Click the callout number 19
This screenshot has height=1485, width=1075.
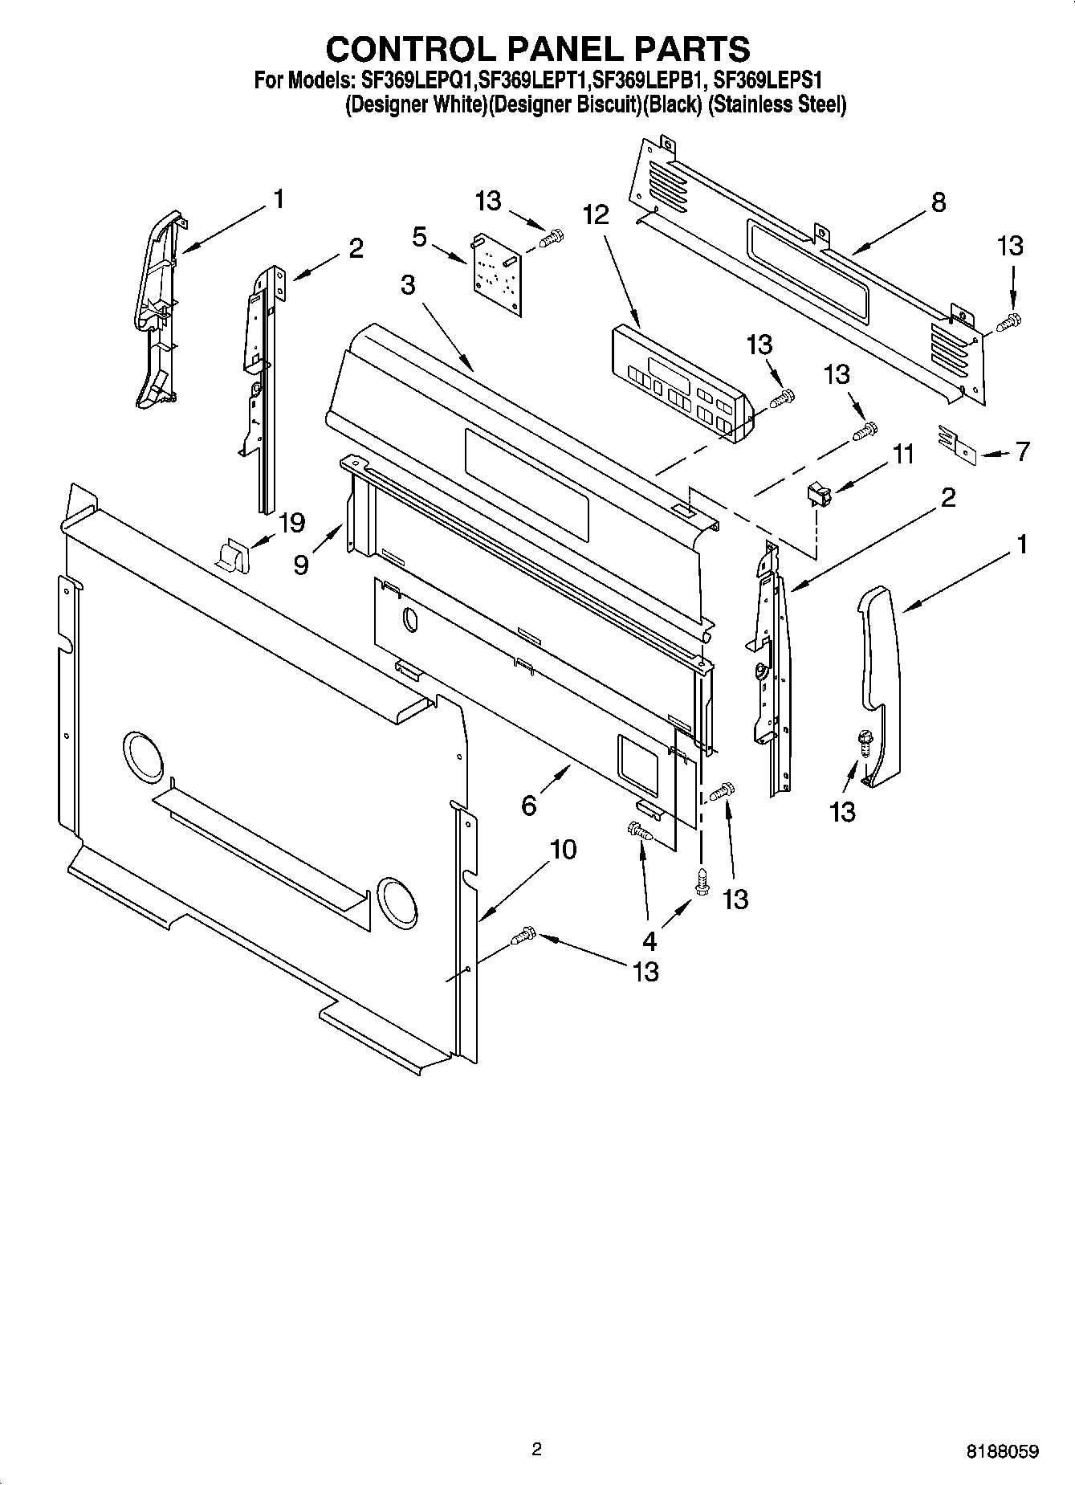pos(291,523)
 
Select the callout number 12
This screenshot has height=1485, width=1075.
pos(596,214)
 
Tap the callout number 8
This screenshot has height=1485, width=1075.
pos(939,202)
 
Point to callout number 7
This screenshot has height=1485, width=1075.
pos(1022,451)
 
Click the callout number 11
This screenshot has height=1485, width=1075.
pos(904,455)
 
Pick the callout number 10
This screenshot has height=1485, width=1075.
pos(564,849)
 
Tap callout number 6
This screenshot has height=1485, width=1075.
pos(528,804)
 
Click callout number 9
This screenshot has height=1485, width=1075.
pos(300,565)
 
